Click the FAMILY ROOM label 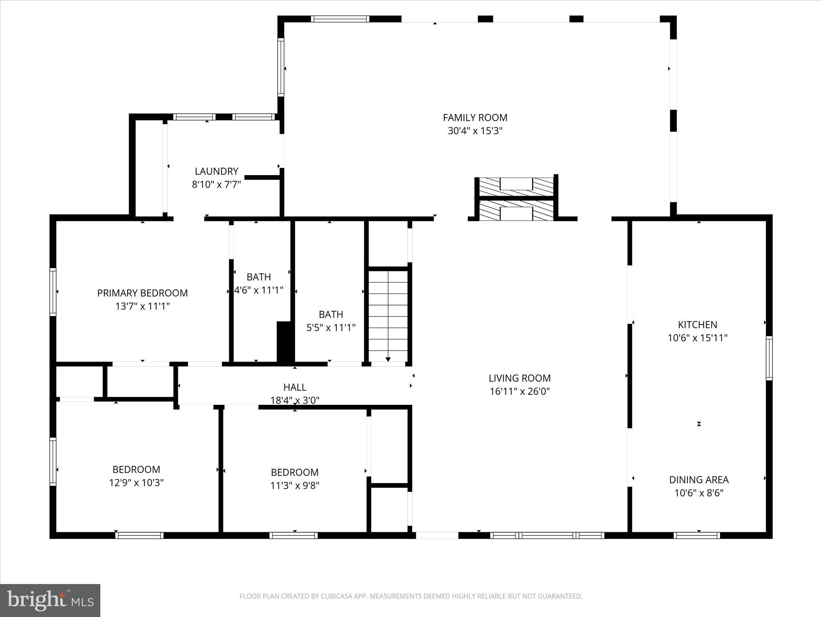pyautogui.click(x=475, y=118)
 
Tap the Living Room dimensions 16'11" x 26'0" pyautogui.click(x=519, y=391)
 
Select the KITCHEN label pyautogui.click(x=697, y=325)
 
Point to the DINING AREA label pyautogui.click(x=698, y=480)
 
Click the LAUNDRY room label pyautogui.click(x=216, y=172)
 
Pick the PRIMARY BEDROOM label pyautogui.click(x=142, y=293)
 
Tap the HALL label pyautogui.click(x=295, y=387)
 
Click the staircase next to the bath pyautogui.click(x=388, y=315)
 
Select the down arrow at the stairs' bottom pyautogui.click(x=388, y=359)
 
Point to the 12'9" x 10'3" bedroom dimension pyautogui.click(x=136, y=483)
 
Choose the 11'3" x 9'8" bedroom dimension pyautogui.click(x=295, y=486)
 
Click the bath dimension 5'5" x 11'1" pyautogui.click(x=331, y=328)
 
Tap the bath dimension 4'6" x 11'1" pyautogui.click(x=258, y=290)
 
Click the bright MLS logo pyautogui.click(x=50, y=601)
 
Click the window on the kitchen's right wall pyautogui.click(x=769, y=358)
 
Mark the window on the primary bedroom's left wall pyautogui.click(x=53, y=292)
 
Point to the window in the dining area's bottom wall pyautogui.click(x=696, y=535)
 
